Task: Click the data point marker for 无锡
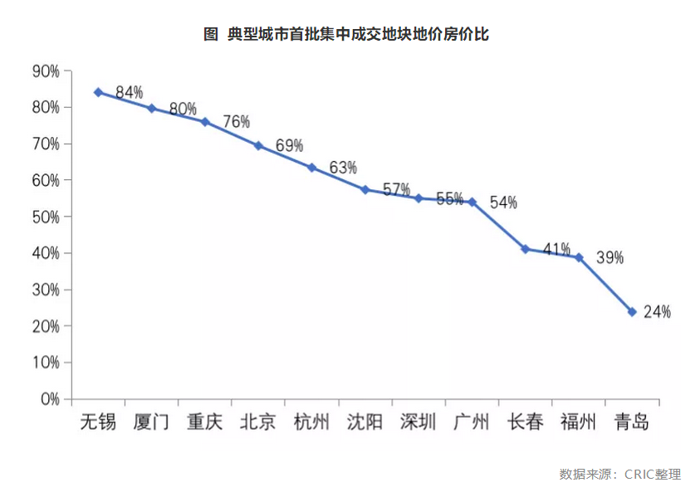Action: (98, 92)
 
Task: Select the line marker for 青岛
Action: (632, 312)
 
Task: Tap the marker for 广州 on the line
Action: (472, 202)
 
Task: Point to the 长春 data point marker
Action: (526, 249)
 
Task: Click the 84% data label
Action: (130, 93)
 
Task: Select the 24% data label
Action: (657, 312)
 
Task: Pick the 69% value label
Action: (290, 146)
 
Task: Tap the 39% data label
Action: (609, 257)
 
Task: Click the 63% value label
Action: (343, 168)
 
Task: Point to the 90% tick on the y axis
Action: (46, 71)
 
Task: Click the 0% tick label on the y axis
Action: (50, 399)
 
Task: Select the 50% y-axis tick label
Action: (46, 217)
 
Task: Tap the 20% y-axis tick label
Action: (46, 326)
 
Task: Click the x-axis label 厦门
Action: (151, 422)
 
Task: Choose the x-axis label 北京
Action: (257, 422)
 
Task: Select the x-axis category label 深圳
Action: (418, 422)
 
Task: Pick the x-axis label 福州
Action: (579, 422)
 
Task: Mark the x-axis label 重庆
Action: (204, 422)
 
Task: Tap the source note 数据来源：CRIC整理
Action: (619, 475)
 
